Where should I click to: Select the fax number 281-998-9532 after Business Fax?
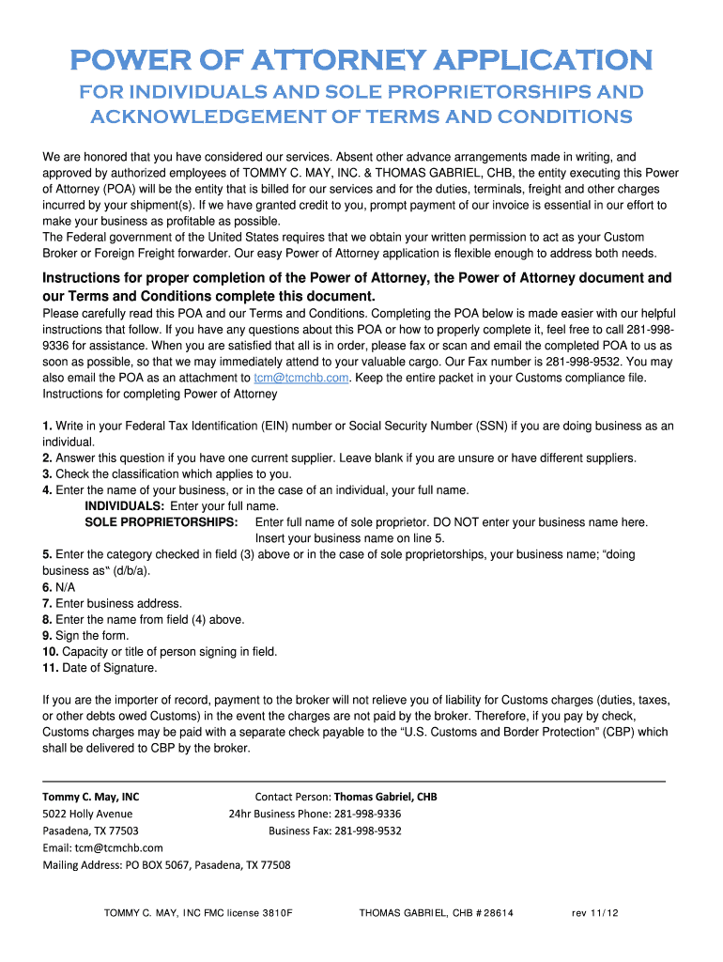coord(368,831)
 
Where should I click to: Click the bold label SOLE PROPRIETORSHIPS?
coord(162,522)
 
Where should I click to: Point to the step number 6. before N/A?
coord(47,587)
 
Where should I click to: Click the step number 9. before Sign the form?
coord(47,636)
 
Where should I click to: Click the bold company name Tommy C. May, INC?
coord(91,797)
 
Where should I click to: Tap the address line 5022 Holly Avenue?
coord(87,814)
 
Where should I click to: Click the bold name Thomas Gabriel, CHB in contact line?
coord(385,797)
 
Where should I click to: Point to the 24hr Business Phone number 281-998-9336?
coord(368,814)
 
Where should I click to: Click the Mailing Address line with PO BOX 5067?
coord(166,865)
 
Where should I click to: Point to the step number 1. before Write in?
coord(47,426)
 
